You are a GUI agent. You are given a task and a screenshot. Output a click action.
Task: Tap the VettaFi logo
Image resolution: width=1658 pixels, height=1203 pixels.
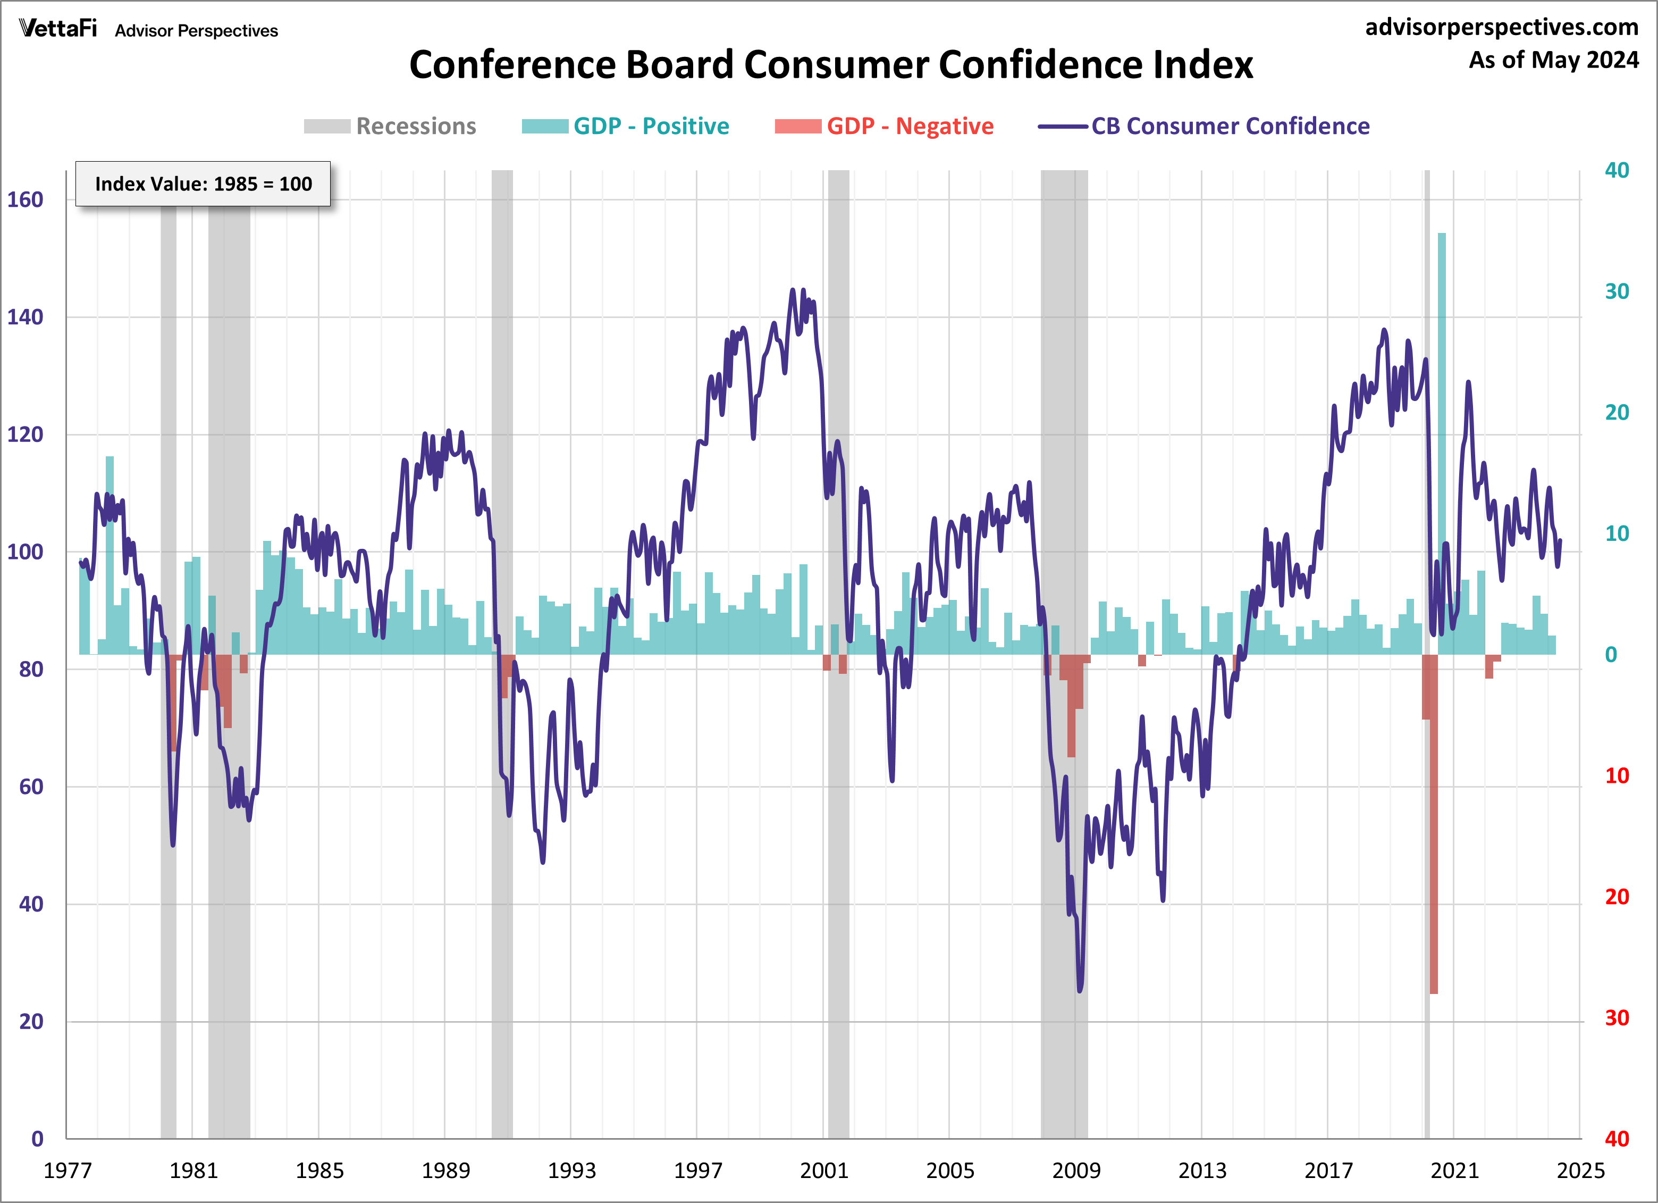(58, 29)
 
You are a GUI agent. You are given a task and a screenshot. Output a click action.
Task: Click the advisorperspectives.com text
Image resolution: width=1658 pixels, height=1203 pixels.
(1502, 27)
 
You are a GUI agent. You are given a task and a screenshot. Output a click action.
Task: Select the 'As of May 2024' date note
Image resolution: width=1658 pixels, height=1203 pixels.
(1553, 60)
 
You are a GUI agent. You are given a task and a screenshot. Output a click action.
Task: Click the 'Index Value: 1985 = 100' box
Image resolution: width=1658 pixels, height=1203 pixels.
(203, 183)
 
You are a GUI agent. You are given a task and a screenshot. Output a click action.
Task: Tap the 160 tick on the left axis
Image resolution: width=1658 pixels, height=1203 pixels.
(26, 199)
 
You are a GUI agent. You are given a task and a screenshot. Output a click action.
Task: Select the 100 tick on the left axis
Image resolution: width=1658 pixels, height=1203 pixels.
(26, 552)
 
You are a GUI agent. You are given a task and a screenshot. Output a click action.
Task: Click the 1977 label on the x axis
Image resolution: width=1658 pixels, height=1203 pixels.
(68, 1171)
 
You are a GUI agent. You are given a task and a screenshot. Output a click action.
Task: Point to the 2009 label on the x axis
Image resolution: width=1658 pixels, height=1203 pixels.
(1076, 1171)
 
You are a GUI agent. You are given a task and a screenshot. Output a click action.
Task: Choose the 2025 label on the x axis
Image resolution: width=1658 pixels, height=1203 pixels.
(1580, 1171)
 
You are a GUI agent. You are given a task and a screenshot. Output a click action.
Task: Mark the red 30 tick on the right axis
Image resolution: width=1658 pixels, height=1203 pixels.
(1617, 1018)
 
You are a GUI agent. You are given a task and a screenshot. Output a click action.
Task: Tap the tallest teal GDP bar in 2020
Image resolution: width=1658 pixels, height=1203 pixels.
(1442, 439)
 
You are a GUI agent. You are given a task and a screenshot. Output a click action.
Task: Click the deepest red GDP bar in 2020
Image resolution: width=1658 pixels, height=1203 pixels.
(1434, 826)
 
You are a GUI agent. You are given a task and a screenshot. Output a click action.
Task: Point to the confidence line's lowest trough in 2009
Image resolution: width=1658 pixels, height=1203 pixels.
(1080, 989)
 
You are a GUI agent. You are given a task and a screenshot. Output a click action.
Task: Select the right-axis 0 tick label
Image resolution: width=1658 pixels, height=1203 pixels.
(1611, 655)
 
